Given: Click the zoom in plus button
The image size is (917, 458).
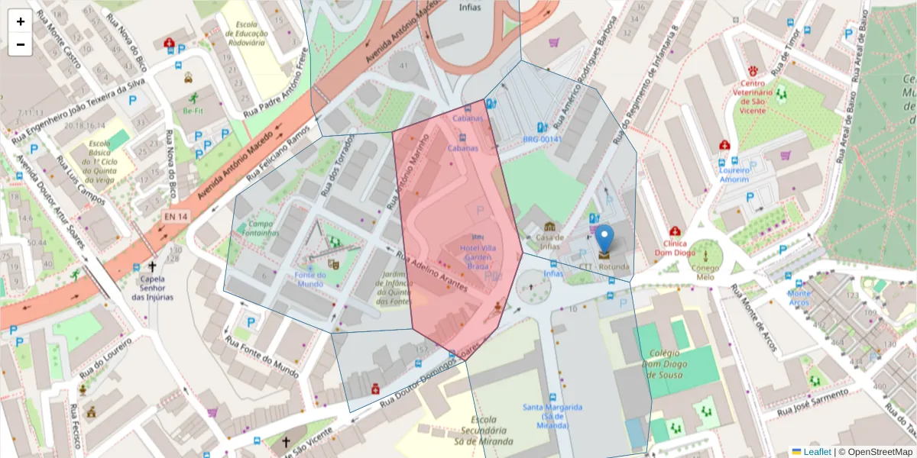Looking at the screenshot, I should [21, 21].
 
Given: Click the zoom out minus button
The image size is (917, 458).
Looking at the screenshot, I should [21, 44].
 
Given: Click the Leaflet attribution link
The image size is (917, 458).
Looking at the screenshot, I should [817, 452].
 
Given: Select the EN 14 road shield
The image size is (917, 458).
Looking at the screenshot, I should [176, 217].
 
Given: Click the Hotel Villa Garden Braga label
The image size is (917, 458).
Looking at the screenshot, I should [478, 258].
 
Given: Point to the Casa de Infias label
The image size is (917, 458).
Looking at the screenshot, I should [549, 241].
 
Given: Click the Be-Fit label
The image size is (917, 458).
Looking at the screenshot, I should [193, 109].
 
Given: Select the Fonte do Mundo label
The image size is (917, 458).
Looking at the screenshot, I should [310, 279].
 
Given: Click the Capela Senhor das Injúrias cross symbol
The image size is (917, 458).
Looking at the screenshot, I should [152, 266].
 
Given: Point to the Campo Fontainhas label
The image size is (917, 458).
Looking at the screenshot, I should [262, 228].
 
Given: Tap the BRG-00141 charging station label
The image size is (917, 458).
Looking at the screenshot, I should [542, 139].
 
